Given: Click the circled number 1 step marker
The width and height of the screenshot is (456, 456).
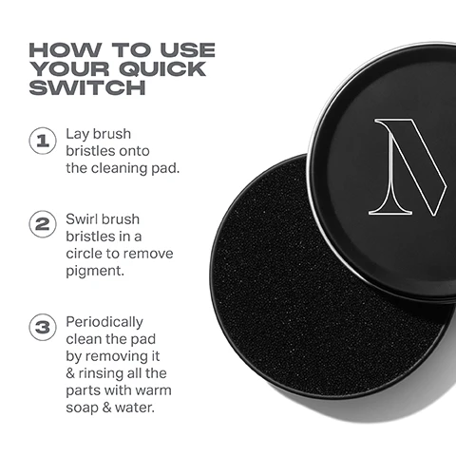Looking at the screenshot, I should (x=41, y=142).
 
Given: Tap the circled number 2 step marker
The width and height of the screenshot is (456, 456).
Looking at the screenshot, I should (x=41, y=228).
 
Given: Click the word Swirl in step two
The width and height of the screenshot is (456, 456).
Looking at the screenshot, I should (x=83, y=219).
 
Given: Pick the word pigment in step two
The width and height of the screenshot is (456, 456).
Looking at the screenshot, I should (x=93, y=272).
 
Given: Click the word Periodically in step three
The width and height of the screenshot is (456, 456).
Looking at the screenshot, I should (x=104, y=321).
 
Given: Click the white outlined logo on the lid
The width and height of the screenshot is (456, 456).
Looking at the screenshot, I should (x=408, y=165).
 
